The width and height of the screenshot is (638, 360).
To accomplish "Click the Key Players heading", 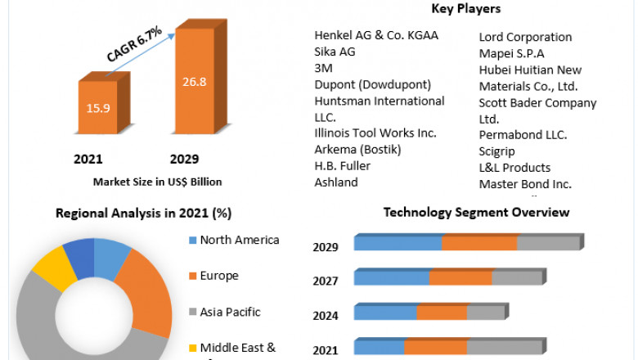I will (465, 9).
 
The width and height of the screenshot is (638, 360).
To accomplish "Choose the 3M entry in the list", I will (323, 68).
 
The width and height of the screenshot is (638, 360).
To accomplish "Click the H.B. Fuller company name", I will (342, 165).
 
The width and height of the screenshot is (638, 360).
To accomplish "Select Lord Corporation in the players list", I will (525, 37).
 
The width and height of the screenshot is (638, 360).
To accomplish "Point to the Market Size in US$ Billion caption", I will (157, 182).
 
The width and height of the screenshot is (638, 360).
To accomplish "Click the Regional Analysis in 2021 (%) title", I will (143, 214).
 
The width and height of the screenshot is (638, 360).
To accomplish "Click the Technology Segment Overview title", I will (477, 212).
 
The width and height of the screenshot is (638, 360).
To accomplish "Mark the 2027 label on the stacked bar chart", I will (326, 281).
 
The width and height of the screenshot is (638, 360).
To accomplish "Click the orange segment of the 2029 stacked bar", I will (479, 243).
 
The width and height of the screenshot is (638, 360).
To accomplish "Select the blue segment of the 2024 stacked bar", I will (385, 313).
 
